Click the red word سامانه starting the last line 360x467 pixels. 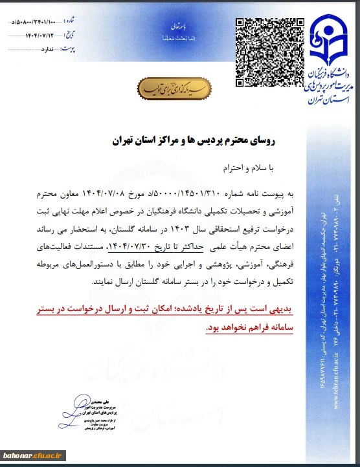pyautogui.click(x=279, y=328)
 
